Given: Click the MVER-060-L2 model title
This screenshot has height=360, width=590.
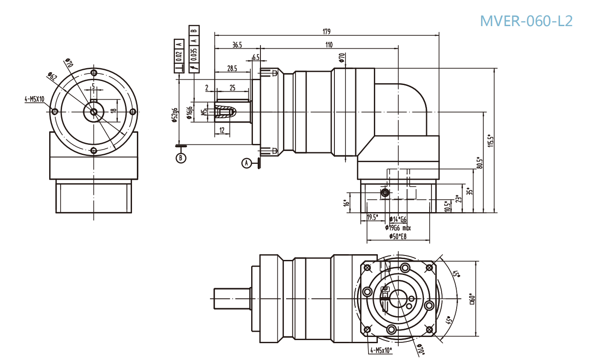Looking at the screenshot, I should tap(526, 20).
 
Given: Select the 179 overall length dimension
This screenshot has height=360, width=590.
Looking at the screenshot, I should tap(326, 31).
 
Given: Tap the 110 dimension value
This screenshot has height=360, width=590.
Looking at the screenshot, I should tap(329, 44).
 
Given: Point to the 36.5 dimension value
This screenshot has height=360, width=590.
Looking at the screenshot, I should tap(237, 44).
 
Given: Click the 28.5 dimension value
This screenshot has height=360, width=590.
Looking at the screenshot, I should tap(232, 68).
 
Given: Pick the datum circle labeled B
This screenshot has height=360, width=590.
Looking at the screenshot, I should tap(181, 158).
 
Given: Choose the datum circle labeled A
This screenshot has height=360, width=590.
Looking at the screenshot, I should tap(247, 163).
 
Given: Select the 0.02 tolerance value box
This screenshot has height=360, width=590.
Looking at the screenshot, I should tap(179, 57).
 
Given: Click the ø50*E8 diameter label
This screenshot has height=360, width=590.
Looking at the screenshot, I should tap(398, 236).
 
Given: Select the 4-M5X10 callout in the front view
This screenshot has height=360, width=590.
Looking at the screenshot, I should tap(34, 100).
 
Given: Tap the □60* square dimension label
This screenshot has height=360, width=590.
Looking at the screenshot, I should tap(472, 299).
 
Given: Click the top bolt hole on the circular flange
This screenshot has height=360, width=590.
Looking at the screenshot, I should tap(93, 73).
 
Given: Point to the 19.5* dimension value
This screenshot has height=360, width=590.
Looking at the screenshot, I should tap(372, 217).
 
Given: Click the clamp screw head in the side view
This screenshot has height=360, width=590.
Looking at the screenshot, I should tap(385, 192).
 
